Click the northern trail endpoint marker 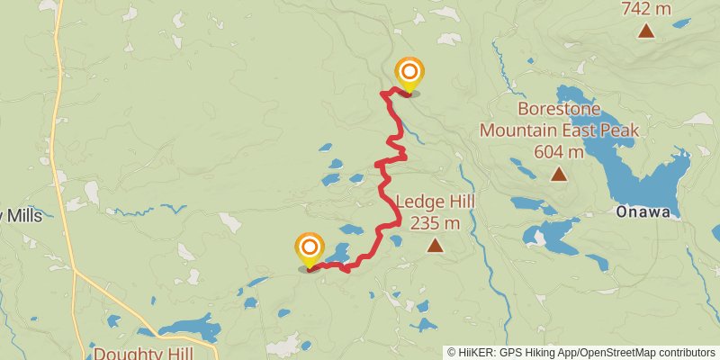coord(409,73)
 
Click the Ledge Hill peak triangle coord(436,244)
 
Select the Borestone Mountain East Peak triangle coord(559,175)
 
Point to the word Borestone coord(559,110)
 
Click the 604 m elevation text coord(559,151)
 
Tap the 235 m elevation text coord(435,222)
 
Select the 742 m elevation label coord(646,9)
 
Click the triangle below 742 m coord(646,31)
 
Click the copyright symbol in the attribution coord(452,352)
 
